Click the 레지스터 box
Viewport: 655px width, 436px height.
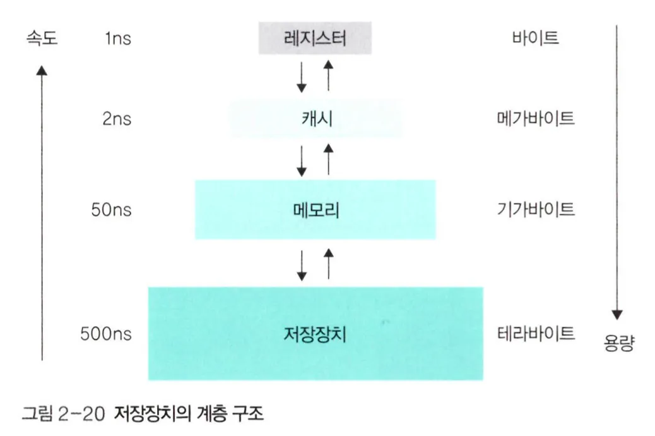[316, 39]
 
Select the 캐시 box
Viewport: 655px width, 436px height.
[316, 118]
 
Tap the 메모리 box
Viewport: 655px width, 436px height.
[316, 209]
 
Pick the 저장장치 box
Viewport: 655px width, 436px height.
[316, 333]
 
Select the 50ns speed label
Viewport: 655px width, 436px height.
[111, 209]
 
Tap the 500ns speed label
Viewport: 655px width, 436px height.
[106, 333]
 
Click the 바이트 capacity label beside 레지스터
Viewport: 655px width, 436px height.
[535, 39]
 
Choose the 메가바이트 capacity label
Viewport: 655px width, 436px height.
[535, 118]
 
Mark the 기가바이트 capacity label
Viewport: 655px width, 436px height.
[535, 209]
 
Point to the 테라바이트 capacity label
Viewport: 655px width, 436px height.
[535, 333]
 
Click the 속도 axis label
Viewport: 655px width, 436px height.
[40, 39]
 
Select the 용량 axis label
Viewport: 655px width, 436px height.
[618, 345]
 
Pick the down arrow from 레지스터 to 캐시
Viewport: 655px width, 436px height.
[302, 76]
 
